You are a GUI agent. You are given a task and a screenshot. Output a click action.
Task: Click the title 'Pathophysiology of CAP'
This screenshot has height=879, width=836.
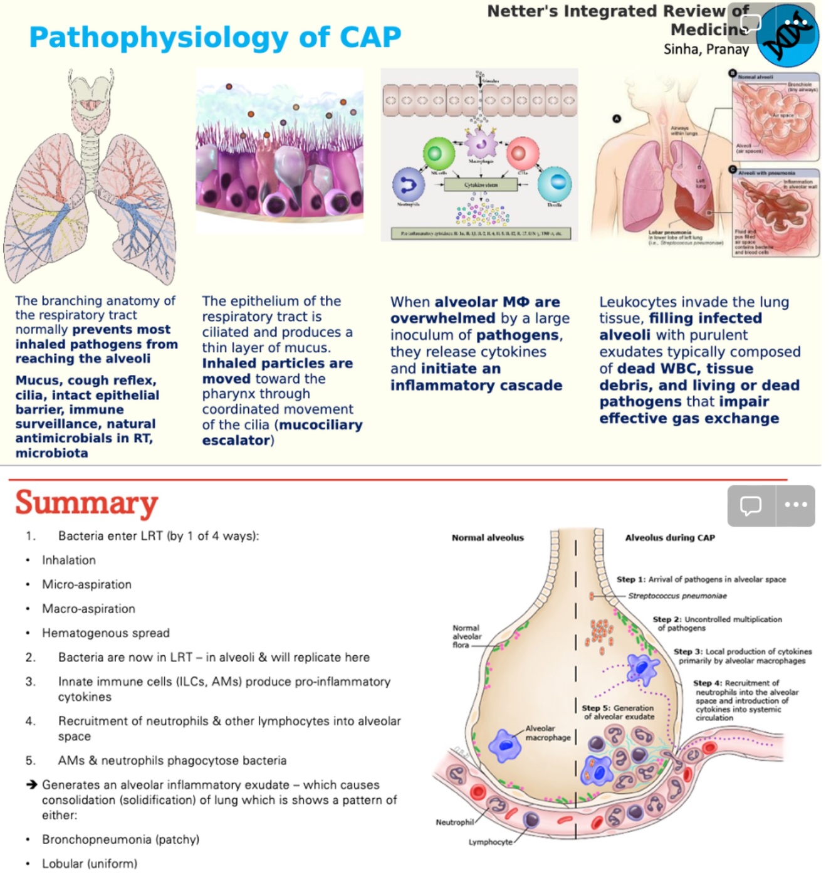point(215,37)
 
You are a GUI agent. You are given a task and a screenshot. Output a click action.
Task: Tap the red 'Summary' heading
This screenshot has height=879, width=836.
point(86,503)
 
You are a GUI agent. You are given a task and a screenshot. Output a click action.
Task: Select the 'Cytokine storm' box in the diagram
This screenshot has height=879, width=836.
point(481,185)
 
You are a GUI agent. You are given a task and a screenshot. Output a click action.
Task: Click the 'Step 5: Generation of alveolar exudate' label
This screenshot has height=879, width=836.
point(619,712)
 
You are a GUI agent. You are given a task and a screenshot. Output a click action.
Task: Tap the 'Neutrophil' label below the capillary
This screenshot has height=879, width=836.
point(454,822)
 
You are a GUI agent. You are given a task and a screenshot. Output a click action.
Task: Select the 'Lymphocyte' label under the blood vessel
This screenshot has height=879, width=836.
point(490,842)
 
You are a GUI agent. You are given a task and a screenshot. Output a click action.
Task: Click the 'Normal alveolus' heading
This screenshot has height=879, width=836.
point(488,537)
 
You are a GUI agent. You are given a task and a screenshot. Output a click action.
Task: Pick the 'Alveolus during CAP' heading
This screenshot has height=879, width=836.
point(670,537)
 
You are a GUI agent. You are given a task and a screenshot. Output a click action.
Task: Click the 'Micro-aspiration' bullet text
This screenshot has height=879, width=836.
point(86,584)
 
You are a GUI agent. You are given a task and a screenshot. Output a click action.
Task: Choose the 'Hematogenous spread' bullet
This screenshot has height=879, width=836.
point(105,633)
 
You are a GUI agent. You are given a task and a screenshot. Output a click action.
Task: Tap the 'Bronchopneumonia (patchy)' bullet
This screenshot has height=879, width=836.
point(120,840)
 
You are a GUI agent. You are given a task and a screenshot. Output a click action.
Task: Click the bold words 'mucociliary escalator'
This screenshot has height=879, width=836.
point(282,433)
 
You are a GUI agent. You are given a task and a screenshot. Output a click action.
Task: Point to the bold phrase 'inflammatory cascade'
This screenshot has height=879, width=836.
point(476,386)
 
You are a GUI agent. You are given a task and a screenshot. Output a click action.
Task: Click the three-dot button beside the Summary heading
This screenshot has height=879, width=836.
point(795,505)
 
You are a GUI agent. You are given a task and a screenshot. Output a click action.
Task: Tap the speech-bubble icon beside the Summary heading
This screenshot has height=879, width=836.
point(750,505)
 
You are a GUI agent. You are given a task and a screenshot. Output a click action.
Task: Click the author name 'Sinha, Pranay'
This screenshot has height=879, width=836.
point(706,49)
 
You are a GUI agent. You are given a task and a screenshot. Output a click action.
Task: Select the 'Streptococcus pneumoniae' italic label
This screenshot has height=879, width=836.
point(677,596)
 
